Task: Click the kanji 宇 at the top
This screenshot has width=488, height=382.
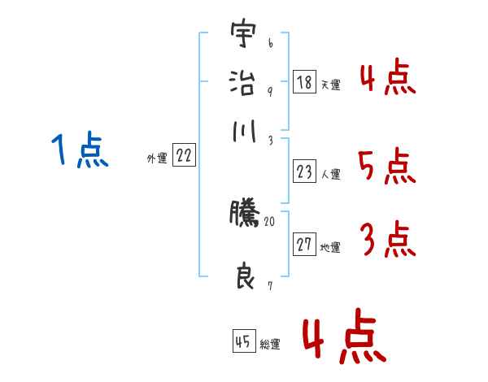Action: [242, 37]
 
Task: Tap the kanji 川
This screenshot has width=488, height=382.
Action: [242, 132]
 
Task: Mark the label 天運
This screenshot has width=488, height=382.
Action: [330, 85]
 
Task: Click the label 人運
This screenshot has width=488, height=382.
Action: [330, 174]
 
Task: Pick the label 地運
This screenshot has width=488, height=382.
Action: [330, 248]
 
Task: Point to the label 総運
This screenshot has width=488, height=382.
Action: [269, 344]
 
